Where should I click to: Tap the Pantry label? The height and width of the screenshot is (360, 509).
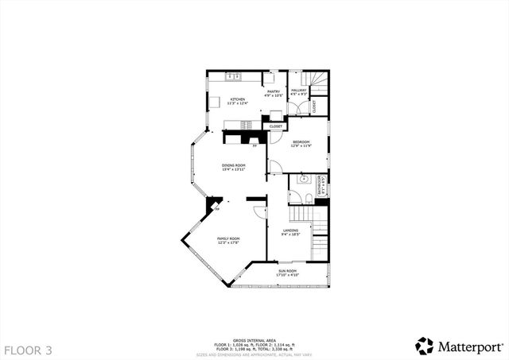pyautogui.click(x=273, y=91)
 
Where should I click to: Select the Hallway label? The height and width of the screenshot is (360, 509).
pyautogui.click(x=299, y=91)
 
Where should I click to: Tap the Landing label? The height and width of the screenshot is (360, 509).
pyautogui.click(x=290, y=231)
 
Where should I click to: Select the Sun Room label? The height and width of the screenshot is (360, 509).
pyautogui.click(x=287, y=272)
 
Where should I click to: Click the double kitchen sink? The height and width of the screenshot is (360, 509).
pyautogui.click(x=233, y=76)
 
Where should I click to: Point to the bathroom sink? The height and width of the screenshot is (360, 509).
pyautogui.click(x=303, y=180)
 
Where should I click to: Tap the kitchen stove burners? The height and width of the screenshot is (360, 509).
pyautogui.click(x=247, y=124)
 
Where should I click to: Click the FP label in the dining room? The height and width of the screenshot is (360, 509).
pyautogui.click(x=254, y=146)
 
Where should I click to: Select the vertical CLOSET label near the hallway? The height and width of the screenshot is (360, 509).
pyautogui.click(x=314, y=104)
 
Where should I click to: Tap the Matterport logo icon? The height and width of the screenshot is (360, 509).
pyautogui.click(x=425, y=346)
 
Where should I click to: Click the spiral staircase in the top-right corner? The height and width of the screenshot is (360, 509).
pyautogui.click(x=318, y=80)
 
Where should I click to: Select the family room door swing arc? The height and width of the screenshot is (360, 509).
pyautogui.click(x=260, y=211)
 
